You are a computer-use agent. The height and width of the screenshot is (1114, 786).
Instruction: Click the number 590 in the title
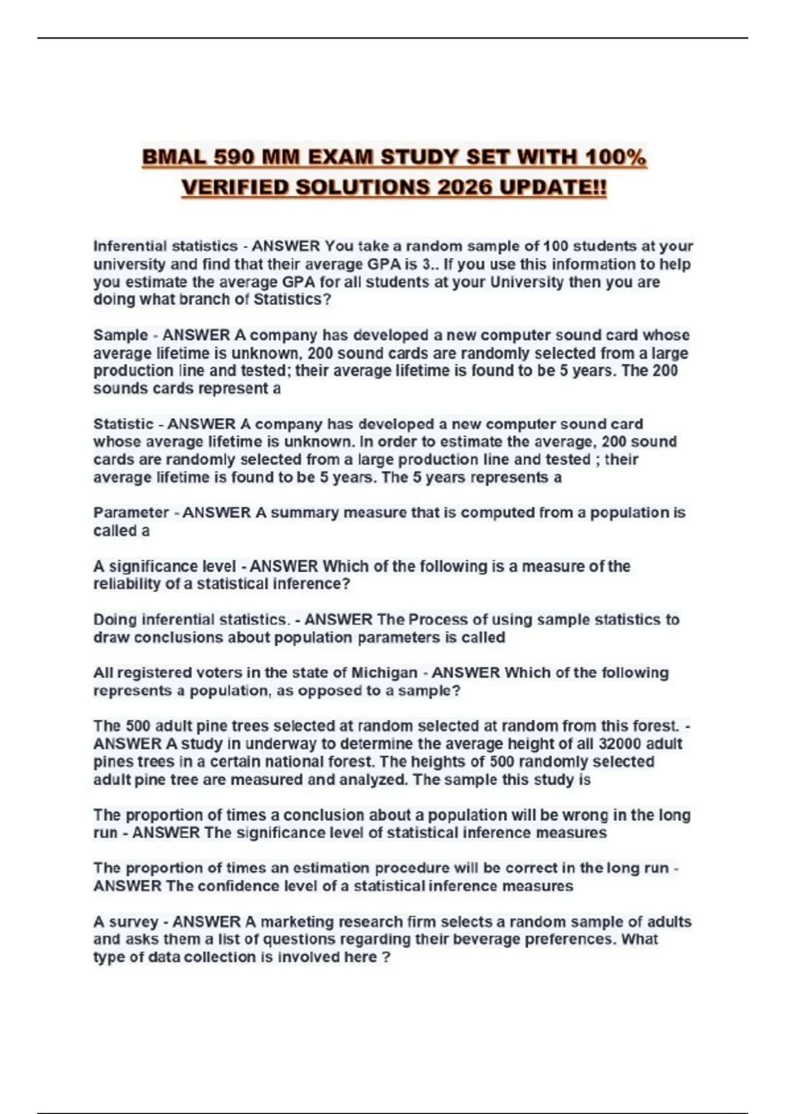coord(232,158)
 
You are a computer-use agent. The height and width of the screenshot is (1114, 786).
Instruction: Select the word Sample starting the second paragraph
coord(121,335)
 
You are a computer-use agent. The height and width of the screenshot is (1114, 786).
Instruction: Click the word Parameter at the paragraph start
coord(131,512)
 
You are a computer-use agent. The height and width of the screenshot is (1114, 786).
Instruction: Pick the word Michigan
coord(384,673)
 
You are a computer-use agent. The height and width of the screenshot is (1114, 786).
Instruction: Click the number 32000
coord(620,744)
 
